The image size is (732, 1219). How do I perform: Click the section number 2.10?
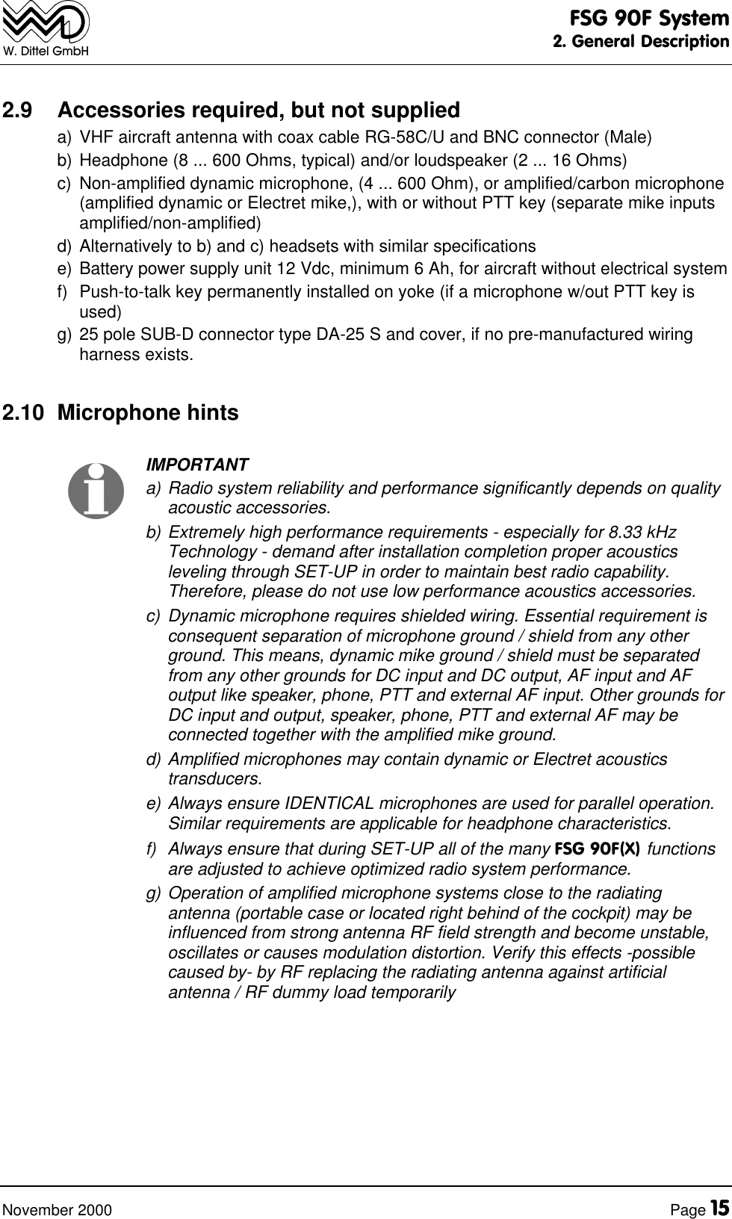(22, 413)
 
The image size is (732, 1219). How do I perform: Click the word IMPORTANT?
(197, 465)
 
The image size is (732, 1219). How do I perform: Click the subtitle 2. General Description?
(640, 41)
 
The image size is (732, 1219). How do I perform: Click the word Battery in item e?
(104, 269)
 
